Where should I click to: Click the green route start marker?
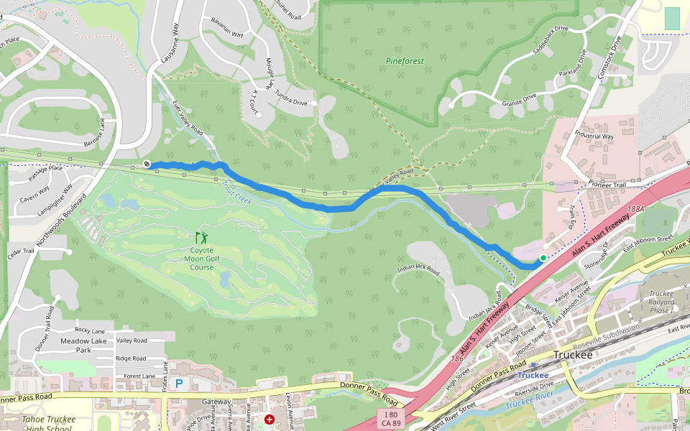point(543,257)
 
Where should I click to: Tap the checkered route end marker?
point(147,164)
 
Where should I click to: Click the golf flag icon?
point(202,237)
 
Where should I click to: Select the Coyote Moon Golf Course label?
point(202,259)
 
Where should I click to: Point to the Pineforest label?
point(405,61)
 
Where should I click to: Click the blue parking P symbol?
point(178,384)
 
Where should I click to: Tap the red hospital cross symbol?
point(270,419)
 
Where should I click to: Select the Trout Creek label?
point(236,192)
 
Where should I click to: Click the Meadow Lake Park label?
point(75,346)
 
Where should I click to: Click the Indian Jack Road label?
point(418,270)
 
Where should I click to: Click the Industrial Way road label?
point(594,136)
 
